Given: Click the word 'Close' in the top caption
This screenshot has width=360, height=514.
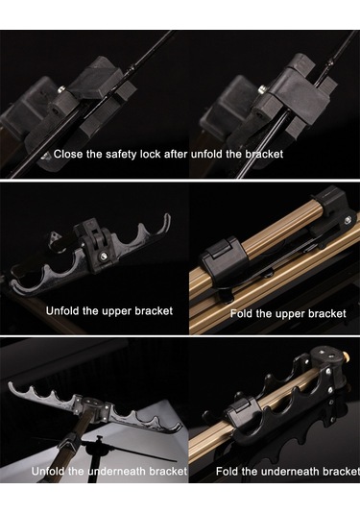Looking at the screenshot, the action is pyautogui.click(x=68, y=154).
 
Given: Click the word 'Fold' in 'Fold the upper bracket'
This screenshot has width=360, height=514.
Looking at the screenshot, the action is pyautogui.click(x=242, y=314).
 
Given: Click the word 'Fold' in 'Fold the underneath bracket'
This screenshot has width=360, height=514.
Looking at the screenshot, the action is pyautogui.click(x=227, y=472).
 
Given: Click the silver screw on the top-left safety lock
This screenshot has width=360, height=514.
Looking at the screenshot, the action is pyautogui.click(x=61, y=88).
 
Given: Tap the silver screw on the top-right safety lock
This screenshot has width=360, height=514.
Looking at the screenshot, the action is pyautogui.click(x=262, y=88).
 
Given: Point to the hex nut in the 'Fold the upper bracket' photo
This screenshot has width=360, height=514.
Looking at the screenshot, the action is pyautogui.click(x=348, y=220).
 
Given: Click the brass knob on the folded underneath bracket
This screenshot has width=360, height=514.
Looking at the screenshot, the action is pyautogui.click(x=345, y=355).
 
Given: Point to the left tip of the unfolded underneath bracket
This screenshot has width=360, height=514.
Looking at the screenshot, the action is pyautogui.click(x=10, y=384).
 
